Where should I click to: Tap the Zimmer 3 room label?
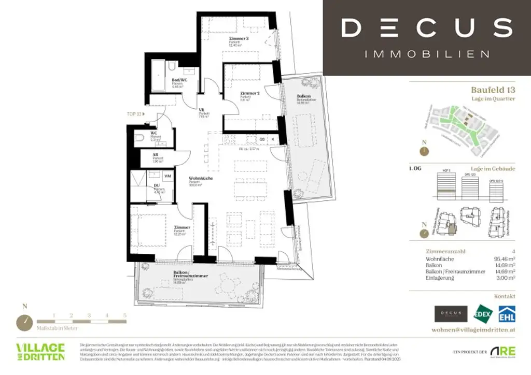click(x=239, y=39)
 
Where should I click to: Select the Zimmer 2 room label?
click(x=249, y=94)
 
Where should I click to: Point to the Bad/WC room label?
click(x=179, y=80)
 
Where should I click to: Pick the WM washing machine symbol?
click(x=167, y=176)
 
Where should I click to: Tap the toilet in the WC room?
click(x=138, y=138)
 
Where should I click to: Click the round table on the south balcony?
click(x=228, y=284)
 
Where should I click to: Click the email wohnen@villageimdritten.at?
click(x=473, y=330)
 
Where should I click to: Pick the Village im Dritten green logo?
click(x=40, y=351)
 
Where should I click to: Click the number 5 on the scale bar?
click(x=124, y=315)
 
